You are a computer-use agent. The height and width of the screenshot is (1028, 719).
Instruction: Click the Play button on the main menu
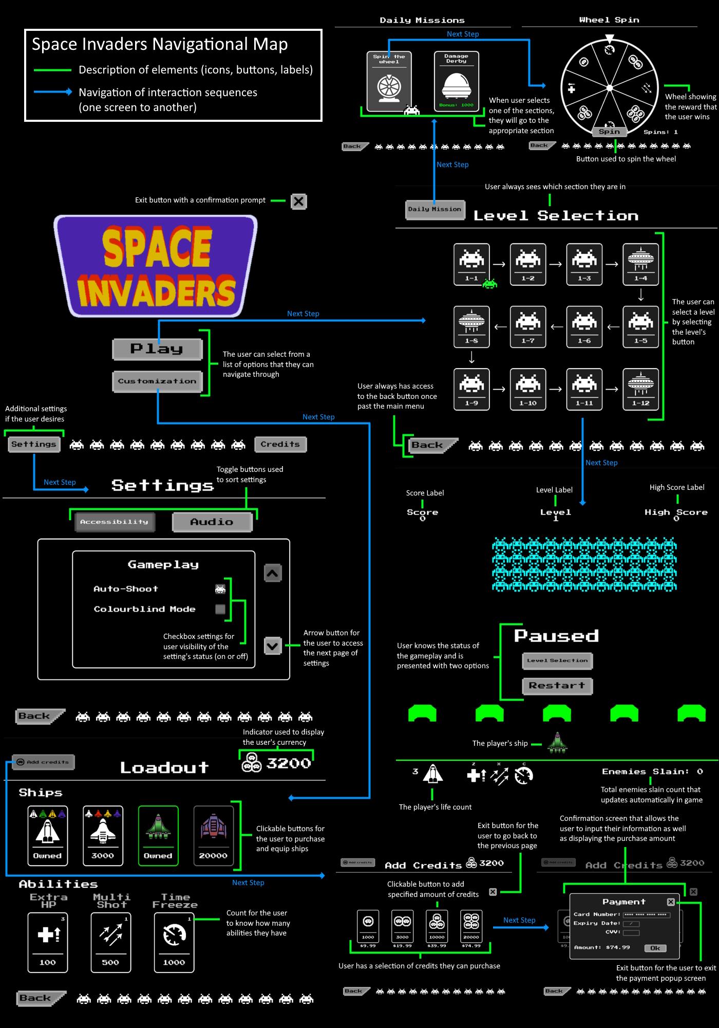[157, 349]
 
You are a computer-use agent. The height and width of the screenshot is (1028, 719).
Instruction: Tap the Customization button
[157, 381]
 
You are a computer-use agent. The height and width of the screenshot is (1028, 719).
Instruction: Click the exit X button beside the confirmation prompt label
[298, 201]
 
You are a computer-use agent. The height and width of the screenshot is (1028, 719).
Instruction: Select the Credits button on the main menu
[280, 444]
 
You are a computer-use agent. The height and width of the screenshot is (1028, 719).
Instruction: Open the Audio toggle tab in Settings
[212, 522]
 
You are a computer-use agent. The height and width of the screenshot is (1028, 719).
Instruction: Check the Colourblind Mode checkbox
[220, 609]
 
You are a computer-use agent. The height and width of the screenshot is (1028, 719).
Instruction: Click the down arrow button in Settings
[273, 646]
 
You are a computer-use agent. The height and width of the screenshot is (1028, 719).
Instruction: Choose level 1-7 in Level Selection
[528, 327]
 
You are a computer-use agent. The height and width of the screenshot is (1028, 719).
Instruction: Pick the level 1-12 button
[640, 389]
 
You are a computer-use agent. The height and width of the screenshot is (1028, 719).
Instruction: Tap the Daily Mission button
[434, 209]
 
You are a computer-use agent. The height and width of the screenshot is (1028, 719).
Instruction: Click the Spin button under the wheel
[609, 132]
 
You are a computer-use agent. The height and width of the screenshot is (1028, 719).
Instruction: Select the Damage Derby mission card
[456, 81]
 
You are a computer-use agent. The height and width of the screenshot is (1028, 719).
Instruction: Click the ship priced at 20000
[213, 835]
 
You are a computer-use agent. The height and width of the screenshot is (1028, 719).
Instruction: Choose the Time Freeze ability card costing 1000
[174, 943]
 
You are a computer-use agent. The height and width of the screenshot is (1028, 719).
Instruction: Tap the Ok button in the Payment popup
[655, 948]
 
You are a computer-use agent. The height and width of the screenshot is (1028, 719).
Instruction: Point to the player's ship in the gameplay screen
[557, 743]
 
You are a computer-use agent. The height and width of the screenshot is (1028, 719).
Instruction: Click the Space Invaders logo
[156, 265]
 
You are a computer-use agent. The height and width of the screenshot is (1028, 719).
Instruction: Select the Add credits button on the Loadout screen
[43, 762]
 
